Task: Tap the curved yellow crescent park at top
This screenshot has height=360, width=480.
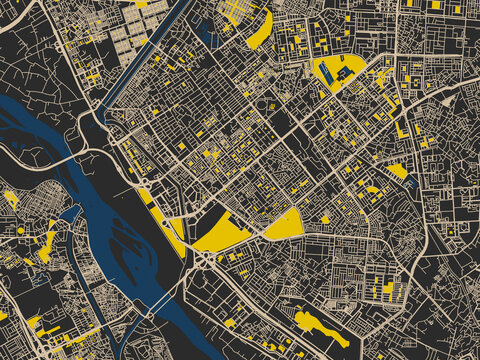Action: (261, 30)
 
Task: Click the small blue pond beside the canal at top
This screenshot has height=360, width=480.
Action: (207, 36)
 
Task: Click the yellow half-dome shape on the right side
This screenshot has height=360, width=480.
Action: (398, 171)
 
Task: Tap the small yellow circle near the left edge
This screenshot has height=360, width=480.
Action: (21, 230)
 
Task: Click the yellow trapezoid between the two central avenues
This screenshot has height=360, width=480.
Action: (286, 224)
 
